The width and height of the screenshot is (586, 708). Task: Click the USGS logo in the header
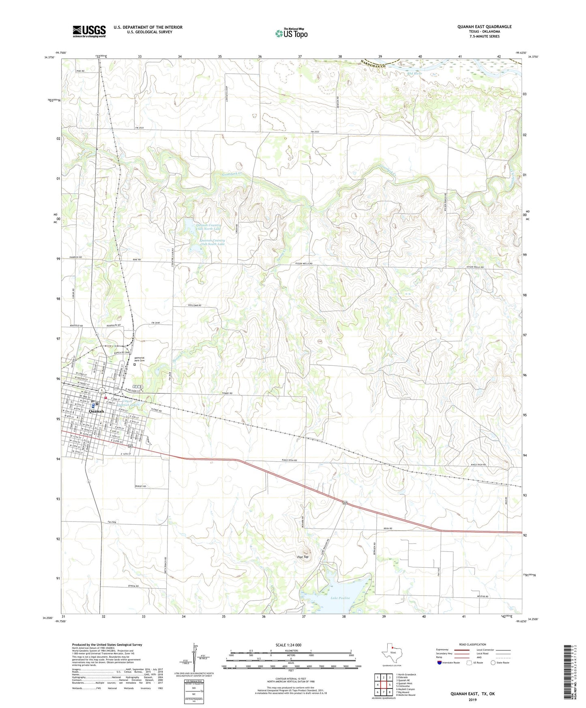coord(89,31)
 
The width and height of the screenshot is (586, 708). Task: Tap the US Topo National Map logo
coord(291,33)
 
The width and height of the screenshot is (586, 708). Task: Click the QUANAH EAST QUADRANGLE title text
coord(484,27)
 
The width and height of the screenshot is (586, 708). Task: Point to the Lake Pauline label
coord(340,598)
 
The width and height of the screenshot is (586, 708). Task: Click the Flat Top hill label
coord(303,557)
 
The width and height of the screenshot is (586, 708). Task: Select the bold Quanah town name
coord(97,411)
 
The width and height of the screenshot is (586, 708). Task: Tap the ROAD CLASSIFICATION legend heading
coord(472,644)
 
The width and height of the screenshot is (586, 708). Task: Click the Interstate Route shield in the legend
coord(440,663)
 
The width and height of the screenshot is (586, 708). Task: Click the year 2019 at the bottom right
coord(472,699)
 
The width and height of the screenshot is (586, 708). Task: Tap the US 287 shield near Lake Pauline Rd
coord(344,503)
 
